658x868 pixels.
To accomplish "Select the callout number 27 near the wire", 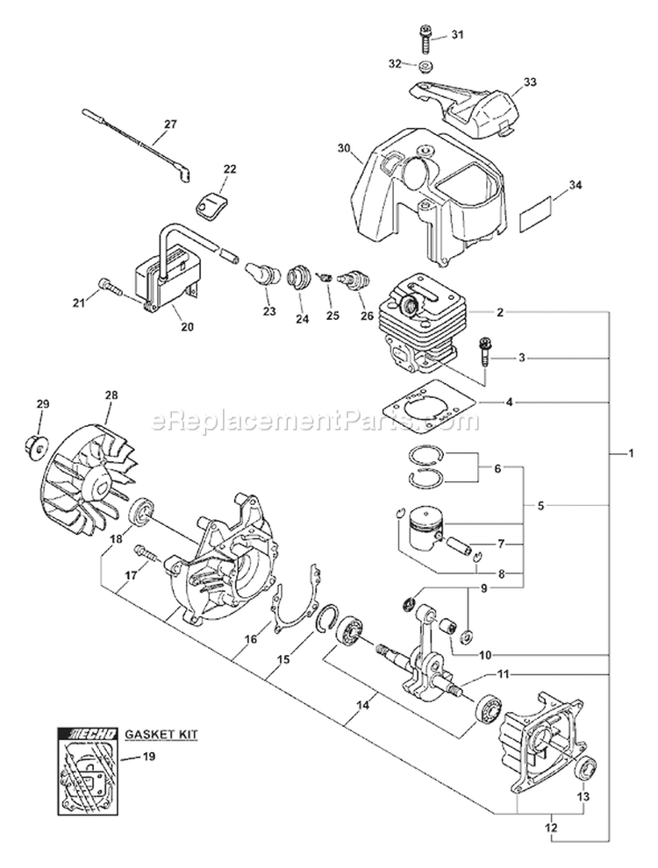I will coord(169,124).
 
